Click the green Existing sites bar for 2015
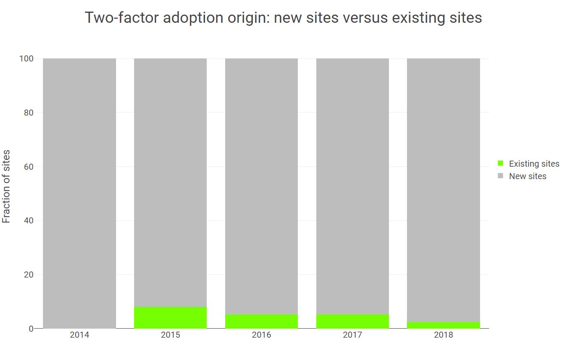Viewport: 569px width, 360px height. click(170, 318)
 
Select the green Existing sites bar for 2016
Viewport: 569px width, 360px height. click(261, 322)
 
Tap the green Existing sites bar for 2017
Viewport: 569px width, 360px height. click(352, 322)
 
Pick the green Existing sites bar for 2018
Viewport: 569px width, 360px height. click(443, 326)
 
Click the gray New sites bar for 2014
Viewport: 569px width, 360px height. click(80, 193)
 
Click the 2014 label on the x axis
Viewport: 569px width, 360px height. click(80, 335)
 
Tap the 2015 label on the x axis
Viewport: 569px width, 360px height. click(170, 335)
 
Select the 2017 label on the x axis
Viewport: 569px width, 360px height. click(352, 335)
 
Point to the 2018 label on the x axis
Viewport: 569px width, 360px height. click(443, 335)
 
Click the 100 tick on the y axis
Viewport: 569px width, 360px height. click(26, 59)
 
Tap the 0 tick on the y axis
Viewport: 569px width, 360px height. click(31, 329)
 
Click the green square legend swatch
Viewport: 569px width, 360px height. click(500, 163)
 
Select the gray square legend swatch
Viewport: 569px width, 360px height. click(500, 176)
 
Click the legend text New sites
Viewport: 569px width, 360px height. click(527, 176)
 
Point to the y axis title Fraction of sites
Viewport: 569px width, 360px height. click(6, 186)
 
